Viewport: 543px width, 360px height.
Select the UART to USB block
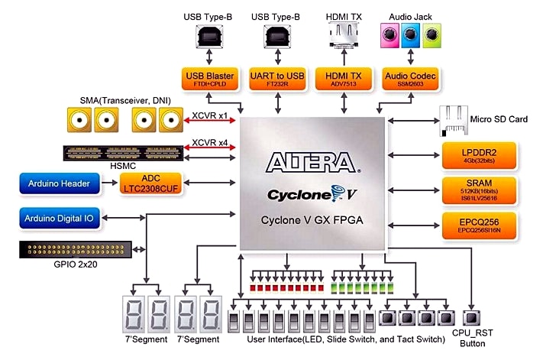pyautogui.click(x=276, y=79)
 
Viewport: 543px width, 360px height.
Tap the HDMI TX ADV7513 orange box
pyautogui.click(x=344, y=79)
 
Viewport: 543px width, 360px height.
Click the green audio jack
pyautogui.click(x=432, y=34)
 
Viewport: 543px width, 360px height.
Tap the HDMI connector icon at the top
pyautogui.click(x=344, y=35)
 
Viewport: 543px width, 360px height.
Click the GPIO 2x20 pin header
pyautogui.click(x=74, y=249)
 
